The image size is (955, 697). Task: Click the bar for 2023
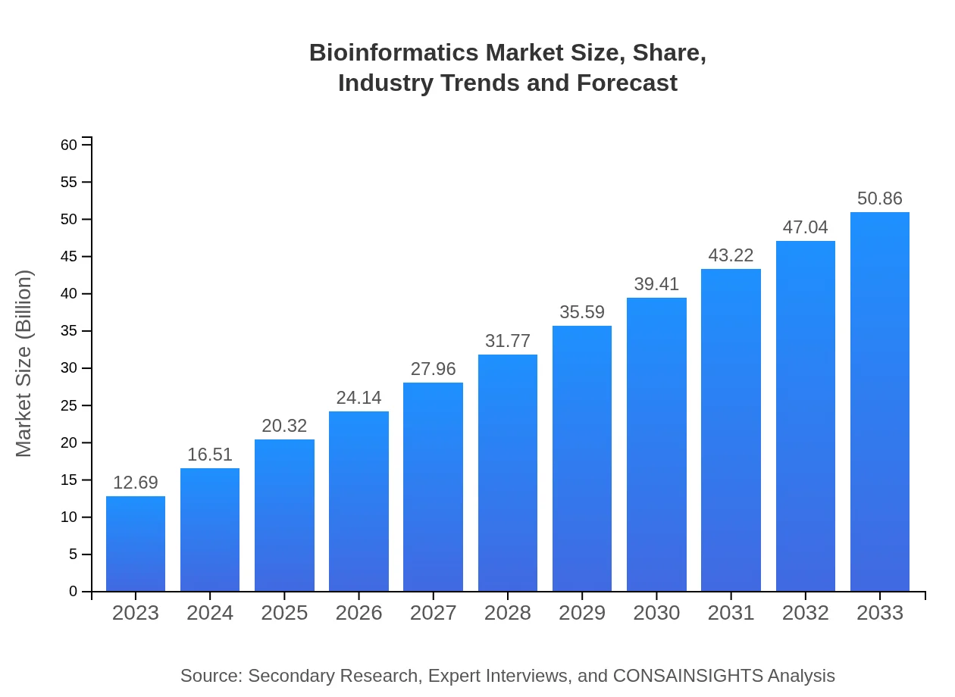[136, 544]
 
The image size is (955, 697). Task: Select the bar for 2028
[508, 473]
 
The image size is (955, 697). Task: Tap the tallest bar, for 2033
[880, 402]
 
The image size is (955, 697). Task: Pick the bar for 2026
[359, 502]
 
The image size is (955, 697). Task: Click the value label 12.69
[136, 483]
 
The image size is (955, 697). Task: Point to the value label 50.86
[880, 198]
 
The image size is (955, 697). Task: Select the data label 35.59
[582, 312]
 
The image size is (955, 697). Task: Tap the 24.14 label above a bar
[359, 398]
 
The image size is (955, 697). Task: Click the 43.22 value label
[731, 255]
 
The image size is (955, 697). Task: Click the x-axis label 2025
[284, 613]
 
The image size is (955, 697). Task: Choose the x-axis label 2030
[656, 613]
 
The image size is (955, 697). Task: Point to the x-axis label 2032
[806, 613]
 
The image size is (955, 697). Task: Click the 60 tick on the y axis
[69, 145]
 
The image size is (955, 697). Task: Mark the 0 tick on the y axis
[73, 592]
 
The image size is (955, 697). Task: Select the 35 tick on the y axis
[69, 331]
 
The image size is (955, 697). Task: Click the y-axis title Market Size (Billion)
[24, 364]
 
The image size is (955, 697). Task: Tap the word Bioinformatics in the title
[394, 53]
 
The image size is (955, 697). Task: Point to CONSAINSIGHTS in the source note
[687, 676]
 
